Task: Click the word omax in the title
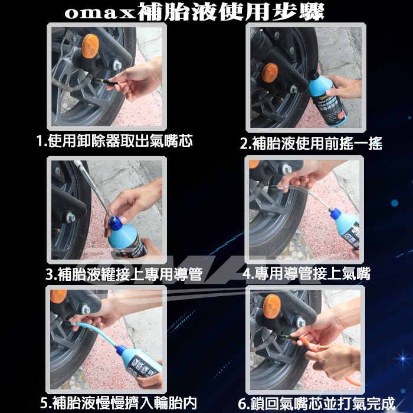pyautogui.click(x=100, y=14)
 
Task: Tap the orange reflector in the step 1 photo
pyautogui.click(x=90, y=46)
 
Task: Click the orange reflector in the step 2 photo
pyautogui.click(x=270, y=73)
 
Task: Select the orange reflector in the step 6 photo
pyautogui.click(x=272, y=306)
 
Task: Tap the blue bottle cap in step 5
pyautogui.click(x=122, y=350)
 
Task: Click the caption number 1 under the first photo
pyautogui.click(x=40, y=141)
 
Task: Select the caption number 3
pyautogui.click(x=50, y=274)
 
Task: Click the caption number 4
pyautogui.click(x=247, y=273)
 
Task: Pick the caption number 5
pyautogui.click(x=44, y=403)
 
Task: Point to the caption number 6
pyautogui.click(x=242, y=404)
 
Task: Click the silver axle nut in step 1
pyautogui.click(x=117, y=64)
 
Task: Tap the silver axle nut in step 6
pyautogui.click(x=300, y=322)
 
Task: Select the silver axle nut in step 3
pyautogui.click(x=70, y=217)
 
